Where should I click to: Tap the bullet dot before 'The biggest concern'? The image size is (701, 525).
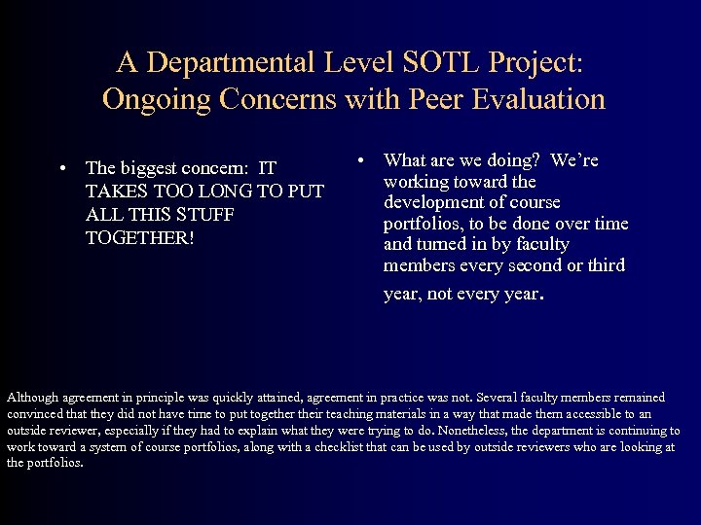(61, 168)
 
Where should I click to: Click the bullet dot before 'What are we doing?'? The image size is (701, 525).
(360, 159)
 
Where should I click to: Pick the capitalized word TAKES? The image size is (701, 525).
(114, 192)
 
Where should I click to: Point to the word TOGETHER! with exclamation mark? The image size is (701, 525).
(139, 236)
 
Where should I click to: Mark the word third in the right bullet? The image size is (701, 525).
(605, 265)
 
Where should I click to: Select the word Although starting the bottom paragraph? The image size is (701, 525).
(32, 398)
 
